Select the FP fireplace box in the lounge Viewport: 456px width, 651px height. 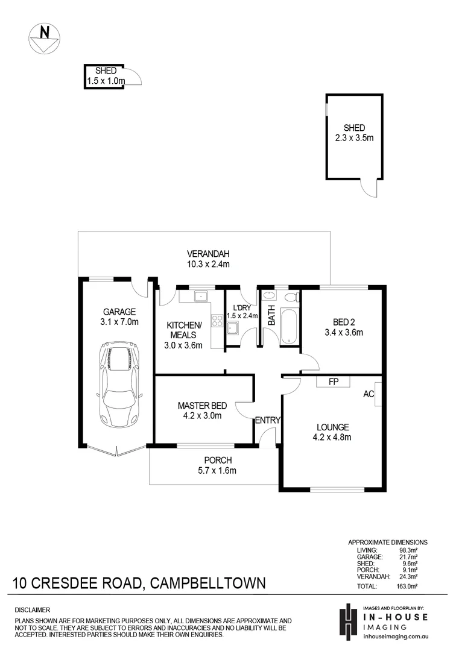pos(332,382)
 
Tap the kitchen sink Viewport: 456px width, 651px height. pos(200,297)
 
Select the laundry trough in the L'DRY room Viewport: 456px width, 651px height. pos(233,329)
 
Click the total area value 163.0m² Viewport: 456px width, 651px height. pos(410,586)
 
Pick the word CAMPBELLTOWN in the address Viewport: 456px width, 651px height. pos(206,583)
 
